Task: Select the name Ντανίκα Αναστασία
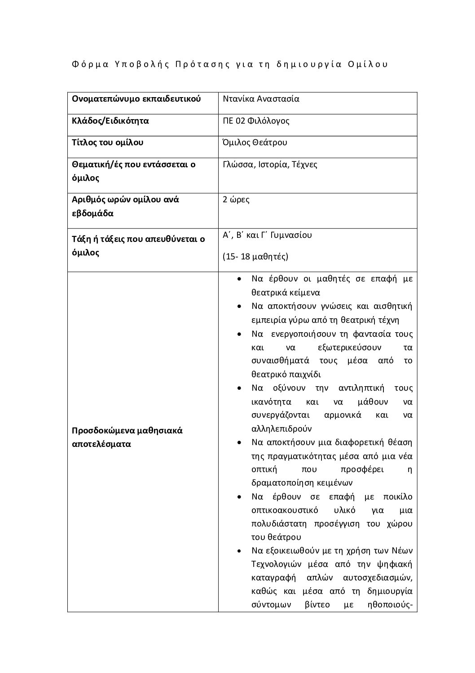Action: [x=261, y=99]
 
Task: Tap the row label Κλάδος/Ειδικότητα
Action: [x=110, y=121]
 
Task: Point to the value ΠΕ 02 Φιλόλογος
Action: [x=256, y=121]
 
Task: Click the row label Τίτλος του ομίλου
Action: [x=108, y=143]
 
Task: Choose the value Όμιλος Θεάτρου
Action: [x=255, y=143]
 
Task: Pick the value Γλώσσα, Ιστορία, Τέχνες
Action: [x=270, y=165]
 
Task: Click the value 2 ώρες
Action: [x=236, y=199]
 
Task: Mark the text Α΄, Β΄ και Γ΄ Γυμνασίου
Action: [x=267, y=235]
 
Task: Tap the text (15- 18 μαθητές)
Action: [x=255, y=257]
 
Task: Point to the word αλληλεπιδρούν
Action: [x=281, y=429]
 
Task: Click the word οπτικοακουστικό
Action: [x=285, y=510]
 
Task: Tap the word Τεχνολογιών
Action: [x=274, y=564]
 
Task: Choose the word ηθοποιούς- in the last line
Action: [x=391, y=605]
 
